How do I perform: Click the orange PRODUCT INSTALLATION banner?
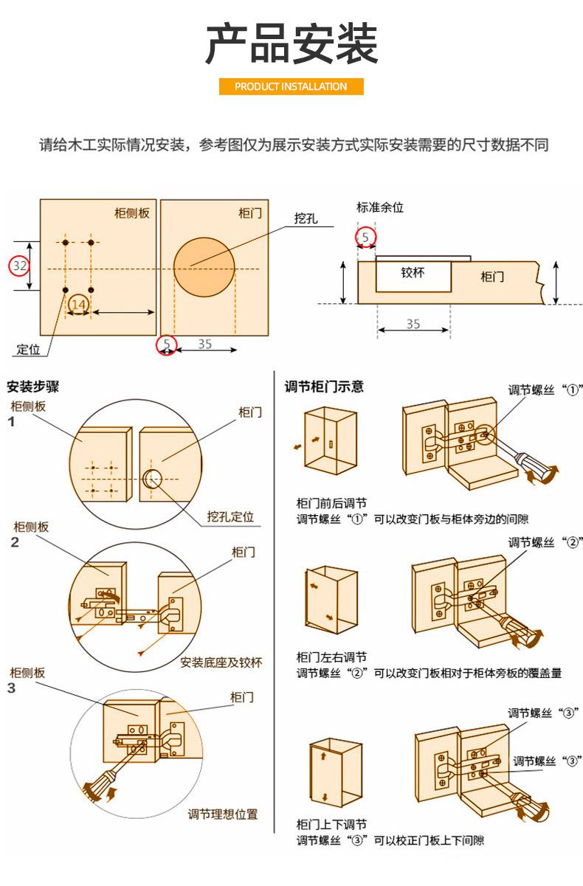coord(291,86)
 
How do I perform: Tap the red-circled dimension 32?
coord(20,266)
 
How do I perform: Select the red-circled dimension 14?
coord(79,303)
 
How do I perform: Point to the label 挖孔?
coord(306,218)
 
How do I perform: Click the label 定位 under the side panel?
coord(28,349)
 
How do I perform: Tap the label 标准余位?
coord(380,207)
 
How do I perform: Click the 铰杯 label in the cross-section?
coord(413,272)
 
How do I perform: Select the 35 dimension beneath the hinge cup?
coord(413,323)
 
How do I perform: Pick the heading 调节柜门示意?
coord(324,386)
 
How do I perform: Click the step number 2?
coord(14,543)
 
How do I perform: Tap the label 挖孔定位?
coord(230,516)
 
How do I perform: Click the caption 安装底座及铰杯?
coord(221,662)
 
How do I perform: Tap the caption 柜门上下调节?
coord(331,824)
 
